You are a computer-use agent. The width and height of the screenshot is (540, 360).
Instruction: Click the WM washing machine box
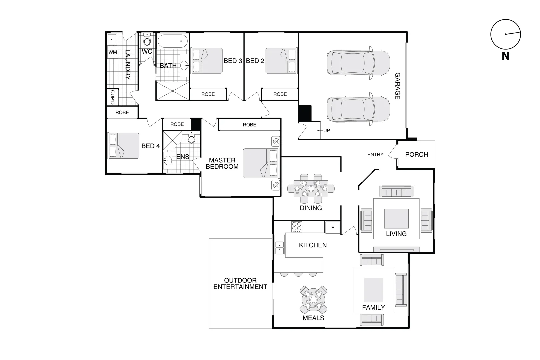point(113,52)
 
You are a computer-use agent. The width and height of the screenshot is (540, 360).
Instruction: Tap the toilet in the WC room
point(147,41)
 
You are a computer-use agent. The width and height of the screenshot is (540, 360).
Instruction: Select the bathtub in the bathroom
point(172,42)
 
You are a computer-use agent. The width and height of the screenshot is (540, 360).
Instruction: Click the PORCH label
point(416,155)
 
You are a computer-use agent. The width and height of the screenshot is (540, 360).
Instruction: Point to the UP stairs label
point(326,131)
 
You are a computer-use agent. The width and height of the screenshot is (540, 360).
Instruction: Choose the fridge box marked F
point(332,228)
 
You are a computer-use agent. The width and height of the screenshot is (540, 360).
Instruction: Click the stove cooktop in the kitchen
point(297,227)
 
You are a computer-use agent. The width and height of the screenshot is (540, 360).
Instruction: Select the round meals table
point(313,299)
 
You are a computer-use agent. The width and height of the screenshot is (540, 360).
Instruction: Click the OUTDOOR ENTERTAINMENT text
point(240,284)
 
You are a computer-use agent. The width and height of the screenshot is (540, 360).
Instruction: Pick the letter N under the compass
point(505,56)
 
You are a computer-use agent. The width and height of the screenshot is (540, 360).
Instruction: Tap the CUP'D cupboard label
point(112,97)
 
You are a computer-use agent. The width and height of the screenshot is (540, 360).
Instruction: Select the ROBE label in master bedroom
point(249,125)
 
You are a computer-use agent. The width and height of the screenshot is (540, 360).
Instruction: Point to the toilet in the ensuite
point(191,138)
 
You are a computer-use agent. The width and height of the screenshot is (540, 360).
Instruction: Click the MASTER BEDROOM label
point(222,163)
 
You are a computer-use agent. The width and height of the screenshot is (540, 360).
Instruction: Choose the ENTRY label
point(375,155)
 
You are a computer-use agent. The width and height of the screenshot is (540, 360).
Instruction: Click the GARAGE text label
point(397,86)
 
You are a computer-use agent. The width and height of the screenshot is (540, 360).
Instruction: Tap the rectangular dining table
point(311,189)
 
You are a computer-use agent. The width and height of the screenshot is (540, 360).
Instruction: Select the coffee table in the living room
point(396,219)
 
